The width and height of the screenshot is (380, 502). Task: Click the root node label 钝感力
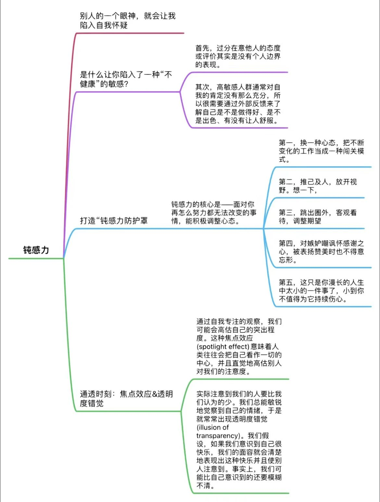pos(36,250)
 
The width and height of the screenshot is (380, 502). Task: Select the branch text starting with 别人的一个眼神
pos(127,20)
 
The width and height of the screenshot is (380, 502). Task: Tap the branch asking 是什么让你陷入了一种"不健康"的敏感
pos(126,79)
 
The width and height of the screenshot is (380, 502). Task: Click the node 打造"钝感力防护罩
pos(114,221)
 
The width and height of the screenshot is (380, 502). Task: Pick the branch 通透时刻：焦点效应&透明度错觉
pos(126,399)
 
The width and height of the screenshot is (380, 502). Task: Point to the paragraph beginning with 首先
pos(238,56)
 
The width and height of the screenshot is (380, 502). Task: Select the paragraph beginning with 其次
pos(238,104)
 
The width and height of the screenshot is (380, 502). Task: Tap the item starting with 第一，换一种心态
pos(321,151)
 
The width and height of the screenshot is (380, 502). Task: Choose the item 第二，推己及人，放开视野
pos(318,186)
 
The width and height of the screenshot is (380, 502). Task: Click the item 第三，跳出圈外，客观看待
pos(318,217)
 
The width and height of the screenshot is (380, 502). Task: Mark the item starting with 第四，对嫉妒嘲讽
pos(321,252)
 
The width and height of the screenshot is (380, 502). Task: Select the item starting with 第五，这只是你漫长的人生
pos(321,291)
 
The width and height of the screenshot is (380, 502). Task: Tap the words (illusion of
pos(213,427)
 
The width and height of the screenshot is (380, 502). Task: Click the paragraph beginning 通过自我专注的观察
pos(239,346)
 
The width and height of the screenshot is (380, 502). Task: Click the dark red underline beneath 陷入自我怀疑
pos(130,33)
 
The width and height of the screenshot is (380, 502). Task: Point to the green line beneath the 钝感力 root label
pos(36,258)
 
